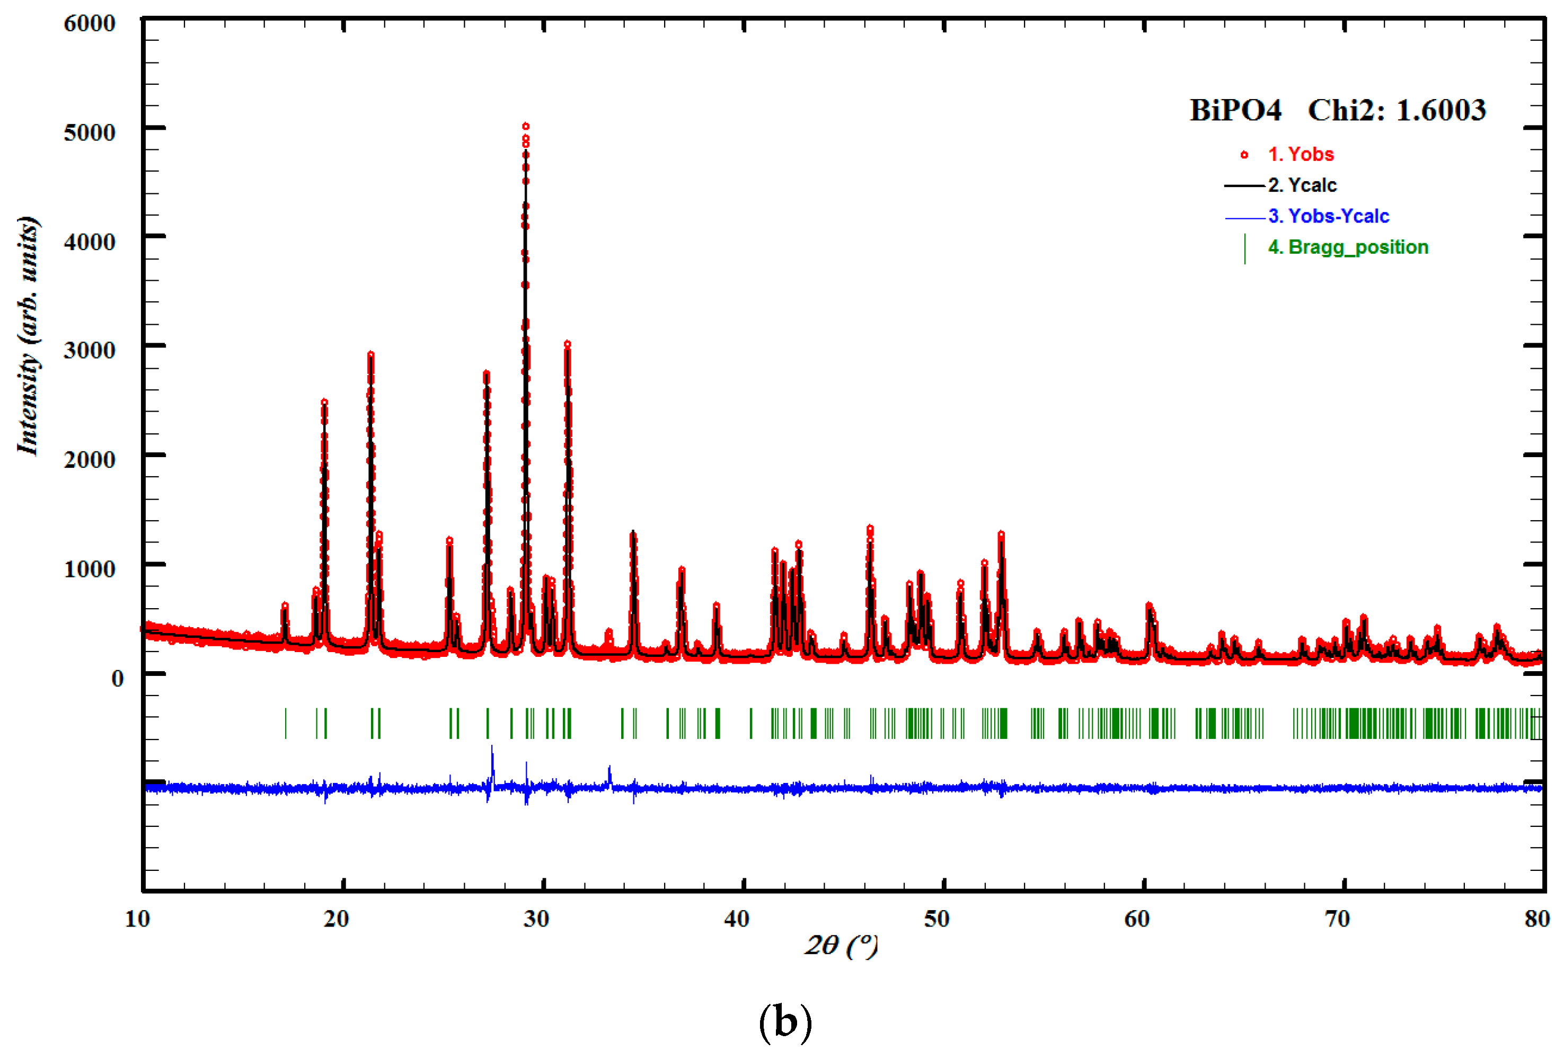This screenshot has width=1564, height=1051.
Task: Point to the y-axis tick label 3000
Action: (89, 350)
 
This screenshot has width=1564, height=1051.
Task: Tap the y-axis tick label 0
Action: (117, 678)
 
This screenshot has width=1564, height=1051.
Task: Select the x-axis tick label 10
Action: (137, 918)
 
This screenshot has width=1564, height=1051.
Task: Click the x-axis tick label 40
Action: (736, 918)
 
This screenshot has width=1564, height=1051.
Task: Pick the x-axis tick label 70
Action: (1337, 918)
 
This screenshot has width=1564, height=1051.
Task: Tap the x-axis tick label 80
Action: (1536, 918)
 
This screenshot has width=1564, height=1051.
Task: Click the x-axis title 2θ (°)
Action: (841, 945)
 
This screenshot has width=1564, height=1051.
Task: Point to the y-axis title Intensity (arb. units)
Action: (28, 335)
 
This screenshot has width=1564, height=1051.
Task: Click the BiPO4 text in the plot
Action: (1235, 111)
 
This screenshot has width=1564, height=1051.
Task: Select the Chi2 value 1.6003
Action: (1441, 111)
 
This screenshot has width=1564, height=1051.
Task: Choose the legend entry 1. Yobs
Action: (1301, 154)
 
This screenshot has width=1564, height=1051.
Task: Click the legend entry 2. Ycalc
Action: (1302, 185)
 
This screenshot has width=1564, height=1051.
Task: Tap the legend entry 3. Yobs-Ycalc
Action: (1328, 216)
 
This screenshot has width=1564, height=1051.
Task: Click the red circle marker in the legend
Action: (1244, 155)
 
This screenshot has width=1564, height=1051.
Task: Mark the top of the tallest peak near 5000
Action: (526, 126)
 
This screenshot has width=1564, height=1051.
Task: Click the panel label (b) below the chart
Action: (785, 1021)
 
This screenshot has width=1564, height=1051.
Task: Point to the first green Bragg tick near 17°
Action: (286, 723)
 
